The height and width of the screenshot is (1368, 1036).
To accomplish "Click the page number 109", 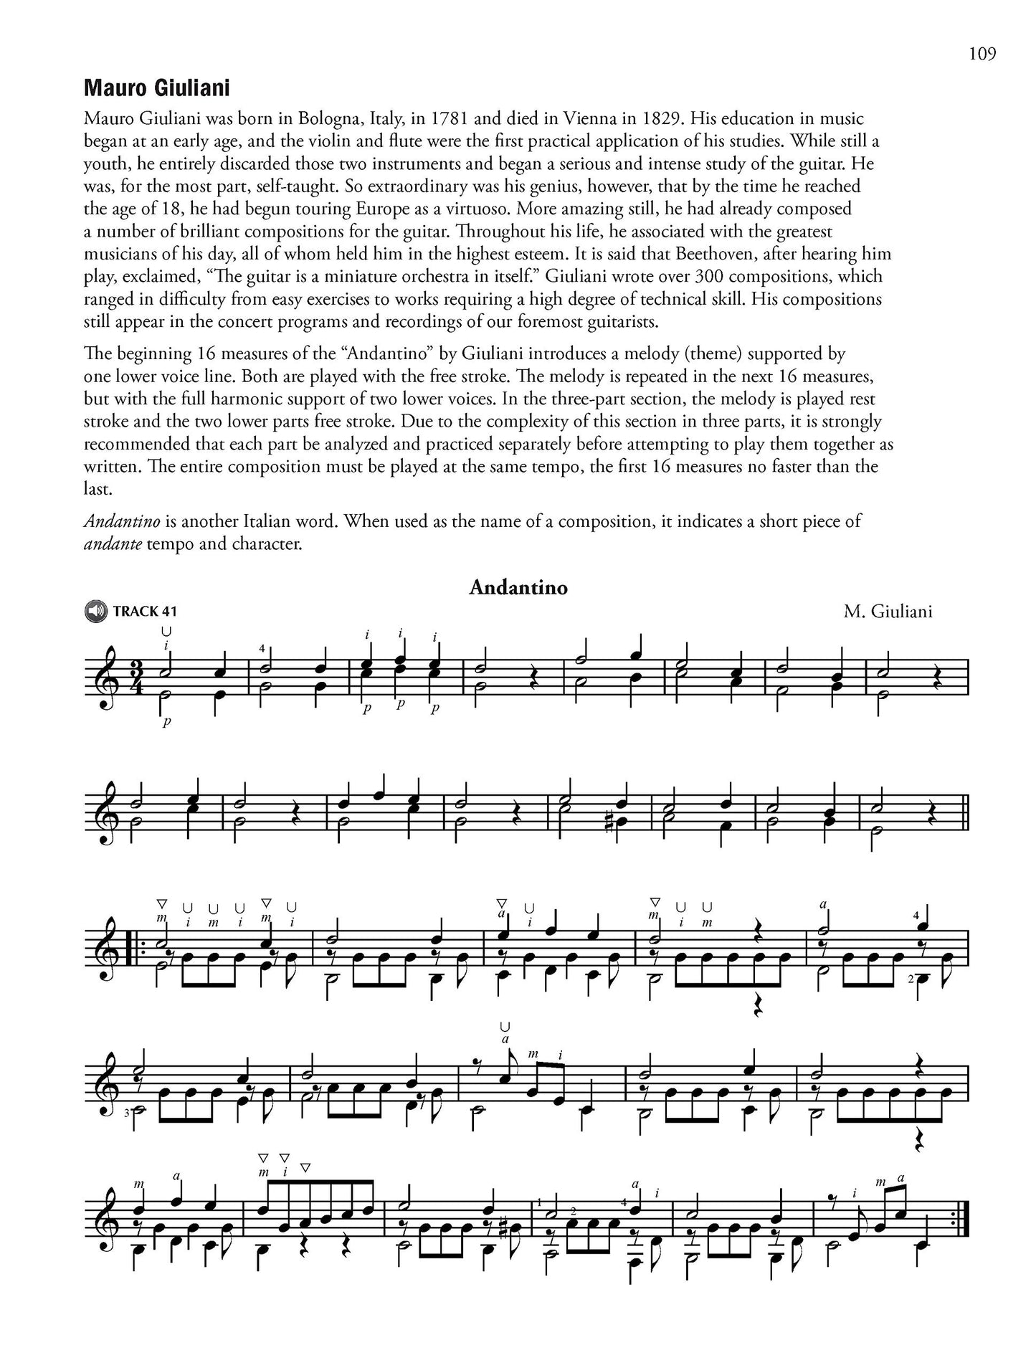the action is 982,54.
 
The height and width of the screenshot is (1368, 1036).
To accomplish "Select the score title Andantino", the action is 518,587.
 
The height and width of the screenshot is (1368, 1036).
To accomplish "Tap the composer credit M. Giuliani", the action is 888,612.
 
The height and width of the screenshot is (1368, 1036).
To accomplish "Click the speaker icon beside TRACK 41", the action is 95,611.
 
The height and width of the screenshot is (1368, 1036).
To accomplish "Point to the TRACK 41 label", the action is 144,612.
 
